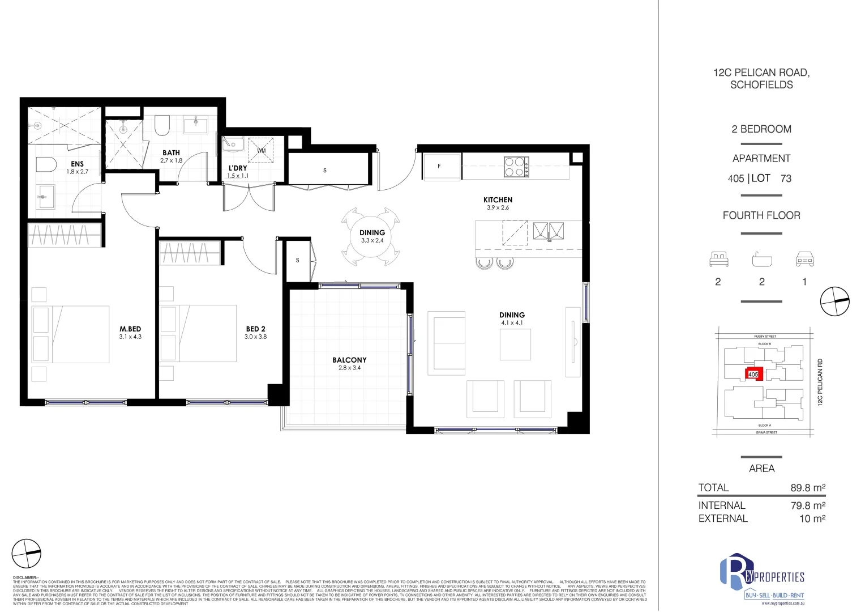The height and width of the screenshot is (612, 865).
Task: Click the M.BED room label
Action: click(x=130, y=329)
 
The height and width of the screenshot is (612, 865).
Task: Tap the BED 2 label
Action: click(x=255, y=329)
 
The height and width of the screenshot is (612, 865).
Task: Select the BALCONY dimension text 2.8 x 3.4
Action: click(x=349, y=368)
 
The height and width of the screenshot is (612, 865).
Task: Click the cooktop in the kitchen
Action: click(x=516, y=167)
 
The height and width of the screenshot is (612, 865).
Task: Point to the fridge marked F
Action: click(x=441, y=167)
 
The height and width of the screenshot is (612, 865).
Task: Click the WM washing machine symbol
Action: click(x=262, y=151)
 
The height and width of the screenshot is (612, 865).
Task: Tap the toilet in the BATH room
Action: click(x=162, y=126)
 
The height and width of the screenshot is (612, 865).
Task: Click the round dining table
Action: click(x=371, y=236)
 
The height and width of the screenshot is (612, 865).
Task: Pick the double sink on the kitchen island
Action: click(x=548, y=231)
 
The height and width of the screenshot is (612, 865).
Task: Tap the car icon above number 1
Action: click(x=804, y=260)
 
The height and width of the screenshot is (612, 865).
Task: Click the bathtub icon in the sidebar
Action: click(x=762, y=260)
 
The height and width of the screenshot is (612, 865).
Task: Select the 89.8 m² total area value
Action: click(x=808, y=488)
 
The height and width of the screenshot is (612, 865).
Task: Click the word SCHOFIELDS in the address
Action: click(x=761, y=85)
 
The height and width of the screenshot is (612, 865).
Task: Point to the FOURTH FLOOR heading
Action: click(x=761, y=215)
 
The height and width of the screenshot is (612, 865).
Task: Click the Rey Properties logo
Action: click(x=761, y=577)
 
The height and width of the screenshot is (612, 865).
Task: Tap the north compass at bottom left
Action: click(x=27, y=553)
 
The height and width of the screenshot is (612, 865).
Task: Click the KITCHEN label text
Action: click(x=498, y=200)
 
